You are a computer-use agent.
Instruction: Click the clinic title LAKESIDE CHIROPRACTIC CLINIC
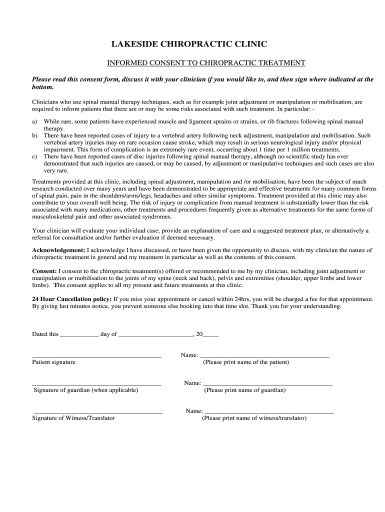click(189, 44)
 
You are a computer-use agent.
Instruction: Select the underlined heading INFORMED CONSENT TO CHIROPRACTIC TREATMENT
click(206, 63)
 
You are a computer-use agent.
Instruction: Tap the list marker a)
click(34, 121)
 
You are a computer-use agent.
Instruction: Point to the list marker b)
click(35, 135)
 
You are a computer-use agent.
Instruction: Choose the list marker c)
click(34, 156)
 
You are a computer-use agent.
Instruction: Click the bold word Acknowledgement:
click(58, 250)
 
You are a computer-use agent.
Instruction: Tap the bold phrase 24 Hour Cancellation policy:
click(72, 299)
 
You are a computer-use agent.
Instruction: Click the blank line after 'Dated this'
click(79, 335)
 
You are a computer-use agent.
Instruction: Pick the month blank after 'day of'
click(155, 335)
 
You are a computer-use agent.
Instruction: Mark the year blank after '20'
click(210, 335)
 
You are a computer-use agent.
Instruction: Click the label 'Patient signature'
click(54, 362)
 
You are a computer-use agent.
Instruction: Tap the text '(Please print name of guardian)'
click(245, 390)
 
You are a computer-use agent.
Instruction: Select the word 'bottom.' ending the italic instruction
click(42, 87)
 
